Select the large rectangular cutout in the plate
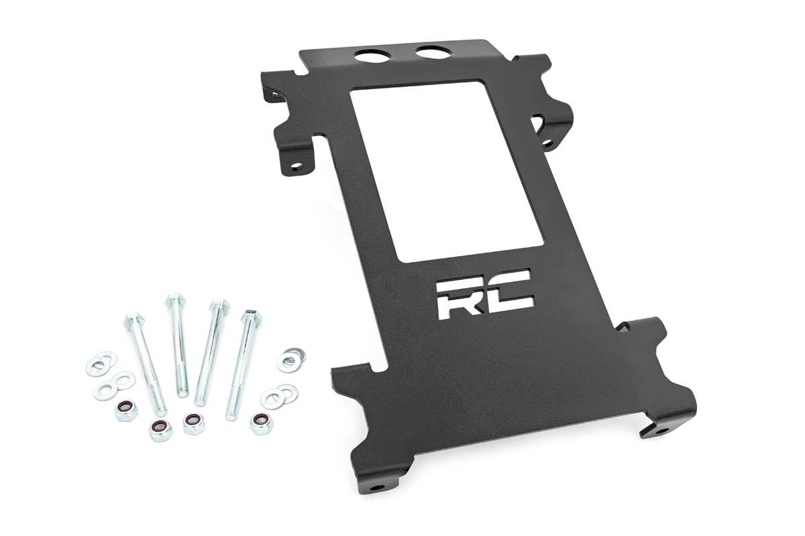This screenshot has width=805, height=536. pos(446,171)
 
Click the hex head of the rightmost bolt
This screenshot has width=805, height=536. pos(252,316)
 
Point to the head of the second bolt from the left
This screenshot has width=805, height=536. pos(174,299)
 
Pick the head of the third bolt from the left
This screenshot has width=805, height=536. pos(218,306)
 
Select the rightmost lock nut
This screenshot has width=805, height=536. pos(261,423)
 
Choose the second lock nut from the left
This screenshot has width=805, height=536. pos(160,429)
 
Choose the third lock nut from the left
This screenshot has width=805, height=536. pos(194,423)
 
